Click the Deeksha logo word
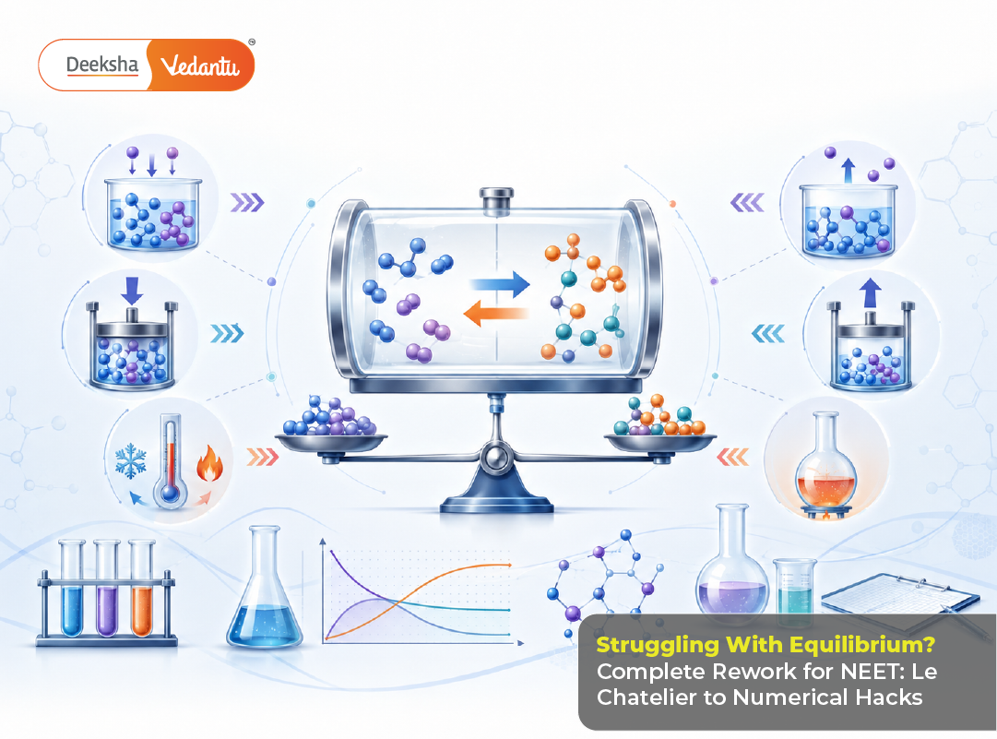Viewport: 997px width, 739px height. click(x=101, y=65)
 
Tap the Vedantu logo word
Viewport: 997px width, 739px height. click(x=199, y=66)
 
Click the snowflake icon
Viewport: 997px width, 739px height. click(x=131, y=461)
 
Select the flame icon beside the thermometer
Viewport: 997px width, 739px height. click(x=209, y=463)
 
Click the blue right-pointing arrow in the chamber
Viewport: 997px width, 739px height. click(x=500, y=283)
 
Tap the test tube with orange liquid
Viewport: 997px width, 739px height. click(x=142, y=589)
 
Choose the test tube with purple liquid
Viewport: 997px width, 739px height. click(x=107, y=589)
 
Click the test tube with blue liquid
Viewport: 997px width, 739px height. click(x=72, y=589)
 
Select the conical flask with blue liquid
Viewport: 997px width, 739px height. click(x=265, y=589)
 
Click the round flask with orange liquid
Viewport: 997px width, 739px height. click(x=826, y=463)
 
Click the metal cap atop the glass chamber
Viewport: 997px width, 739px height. click(x=496, y=200)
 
